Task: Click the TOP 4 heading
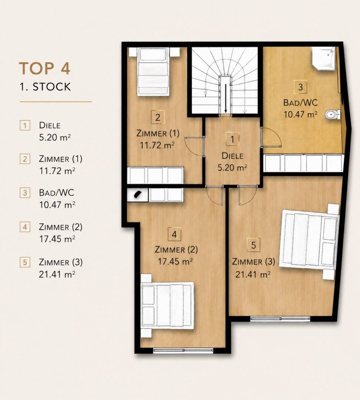click(45, 69)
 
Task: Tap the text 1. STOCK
click(45, 87)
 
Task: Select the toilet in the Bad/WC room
click(333, 114)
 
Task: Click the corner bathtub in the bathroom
click(323, 58)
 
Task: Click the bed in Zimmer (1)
click(153, 72)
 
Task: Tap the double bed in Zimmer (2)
click(167, 305)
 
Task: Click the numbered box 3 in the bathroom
click(300, 87)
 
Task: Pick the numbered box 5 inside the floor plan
click(253, 245)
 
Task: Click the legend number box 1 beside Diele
click(25, 126)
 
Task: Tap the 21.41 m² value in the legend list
click(57, 274)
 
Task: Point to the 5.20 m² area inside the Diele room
click(232, 168)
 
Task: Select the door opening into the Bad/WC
click(271, 137)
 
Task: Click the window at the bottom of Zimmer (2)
click(183, 350)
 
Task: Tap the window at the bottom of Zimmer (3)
click(280, 319)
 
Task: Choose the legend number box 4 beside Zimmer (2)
click(25, 227)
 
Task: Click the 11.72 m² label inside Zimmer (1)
click(157, 146)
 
